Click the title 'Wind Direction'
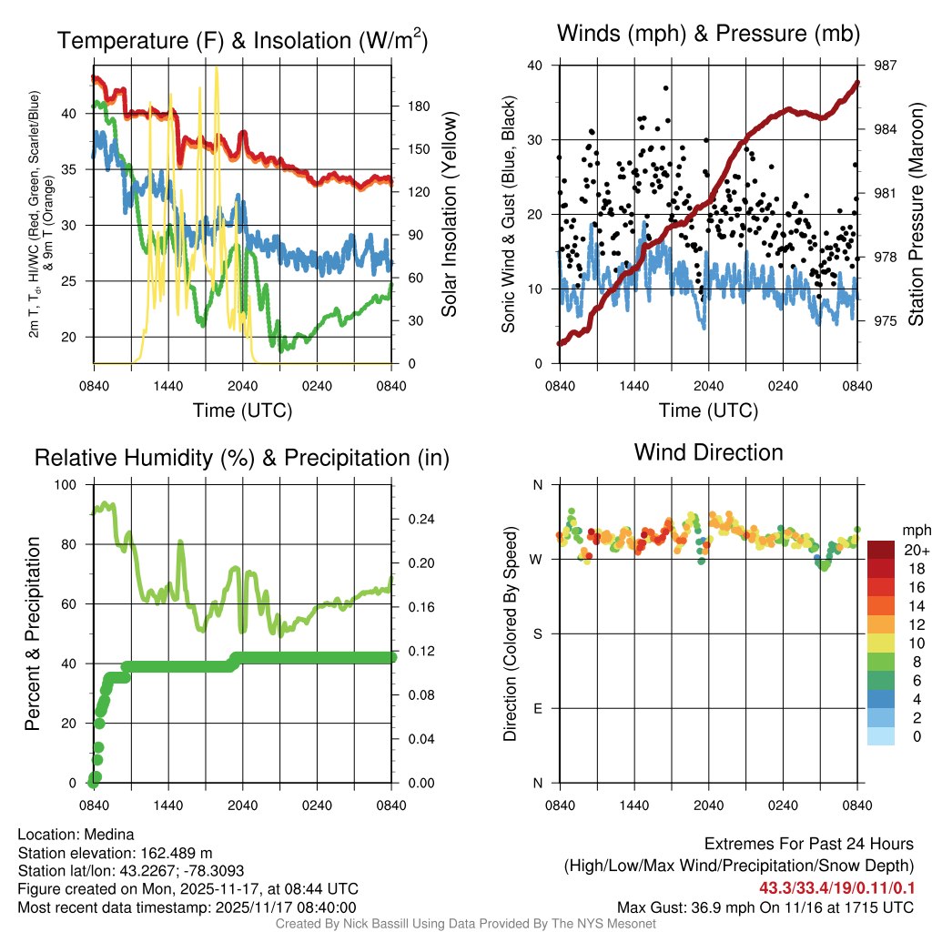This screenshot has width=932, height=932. (x=708, y=452)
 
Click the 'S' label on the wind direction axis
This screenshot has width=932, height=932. (x=538, y=633)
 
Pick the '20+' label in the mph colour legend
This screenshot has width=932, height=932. (x=916, y=551)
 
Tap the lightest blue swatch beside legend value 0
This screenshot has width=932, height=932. (x=881, y=737)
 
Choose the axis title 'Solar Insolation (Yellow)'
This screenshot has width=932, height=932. (x=450, y=215)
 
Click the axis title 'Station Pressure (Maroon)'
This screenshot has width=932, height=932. (x=917, y=215)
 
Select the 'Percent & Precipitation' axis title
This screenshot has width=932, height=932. (x=33, y=633)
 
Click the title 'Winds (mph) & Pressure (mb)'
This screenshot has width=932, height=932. (x=709, y=35)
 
